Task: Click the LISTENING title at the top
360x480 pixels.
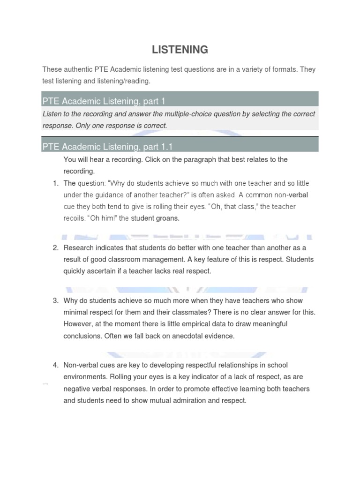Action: coord(180,49)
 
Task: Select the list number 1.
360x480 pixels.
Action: coord(55,183)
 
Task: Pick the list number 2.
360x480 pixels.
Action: coord(55,247)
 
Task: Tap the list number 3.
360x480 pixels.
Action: coord(55,300)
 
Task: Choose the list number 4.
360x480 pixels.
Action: coord(55,365)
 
